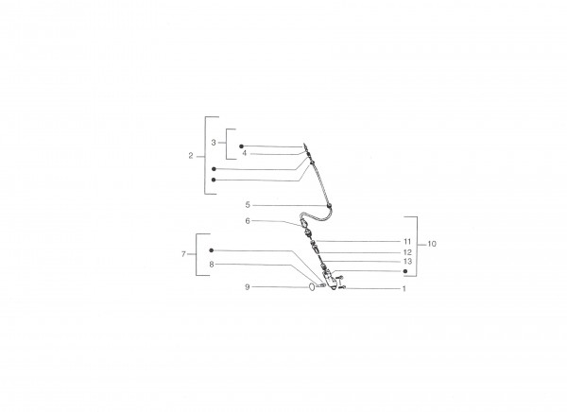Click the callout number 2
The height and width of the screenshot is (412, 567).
point(191,156)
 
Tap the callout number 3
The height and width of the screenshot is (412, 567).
point(214,143)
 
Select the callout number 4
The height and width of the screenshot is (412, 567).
point(245,153)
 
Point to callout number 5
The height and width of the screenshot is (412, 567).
point(248,205)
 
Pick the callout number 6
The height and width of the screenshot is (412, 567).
point(248,221)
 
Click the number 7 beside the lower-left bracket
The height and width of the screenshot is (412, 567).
point(183,254)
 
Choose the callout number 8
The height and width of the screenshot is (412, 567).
point(212,265)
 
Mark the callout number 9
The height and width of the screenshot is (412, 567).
point(248,287)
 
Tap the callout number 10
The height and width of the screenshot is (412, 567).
point(432,244)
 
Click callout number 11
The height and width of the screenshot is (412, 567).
point(407,241)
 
